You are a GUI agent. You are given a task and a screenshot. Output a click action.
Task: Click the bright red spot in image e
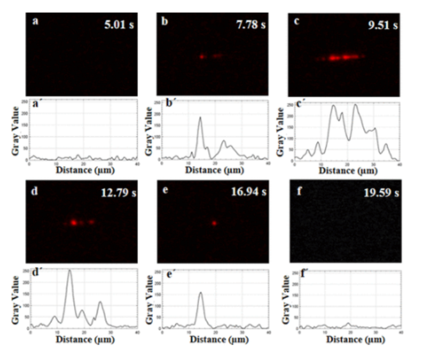(215, 223)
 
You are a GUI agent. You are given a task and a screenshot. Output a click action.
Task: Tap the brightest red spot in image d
(74, 222)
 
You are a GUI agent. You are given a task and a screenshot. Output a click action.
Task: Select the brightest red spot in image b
(202, 57)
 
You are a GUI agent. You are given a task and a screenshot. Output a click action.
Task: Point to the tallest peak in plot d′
(70, 271)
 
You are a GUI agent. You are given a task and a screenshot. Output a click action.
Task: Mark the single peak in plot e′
(201, 293)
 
